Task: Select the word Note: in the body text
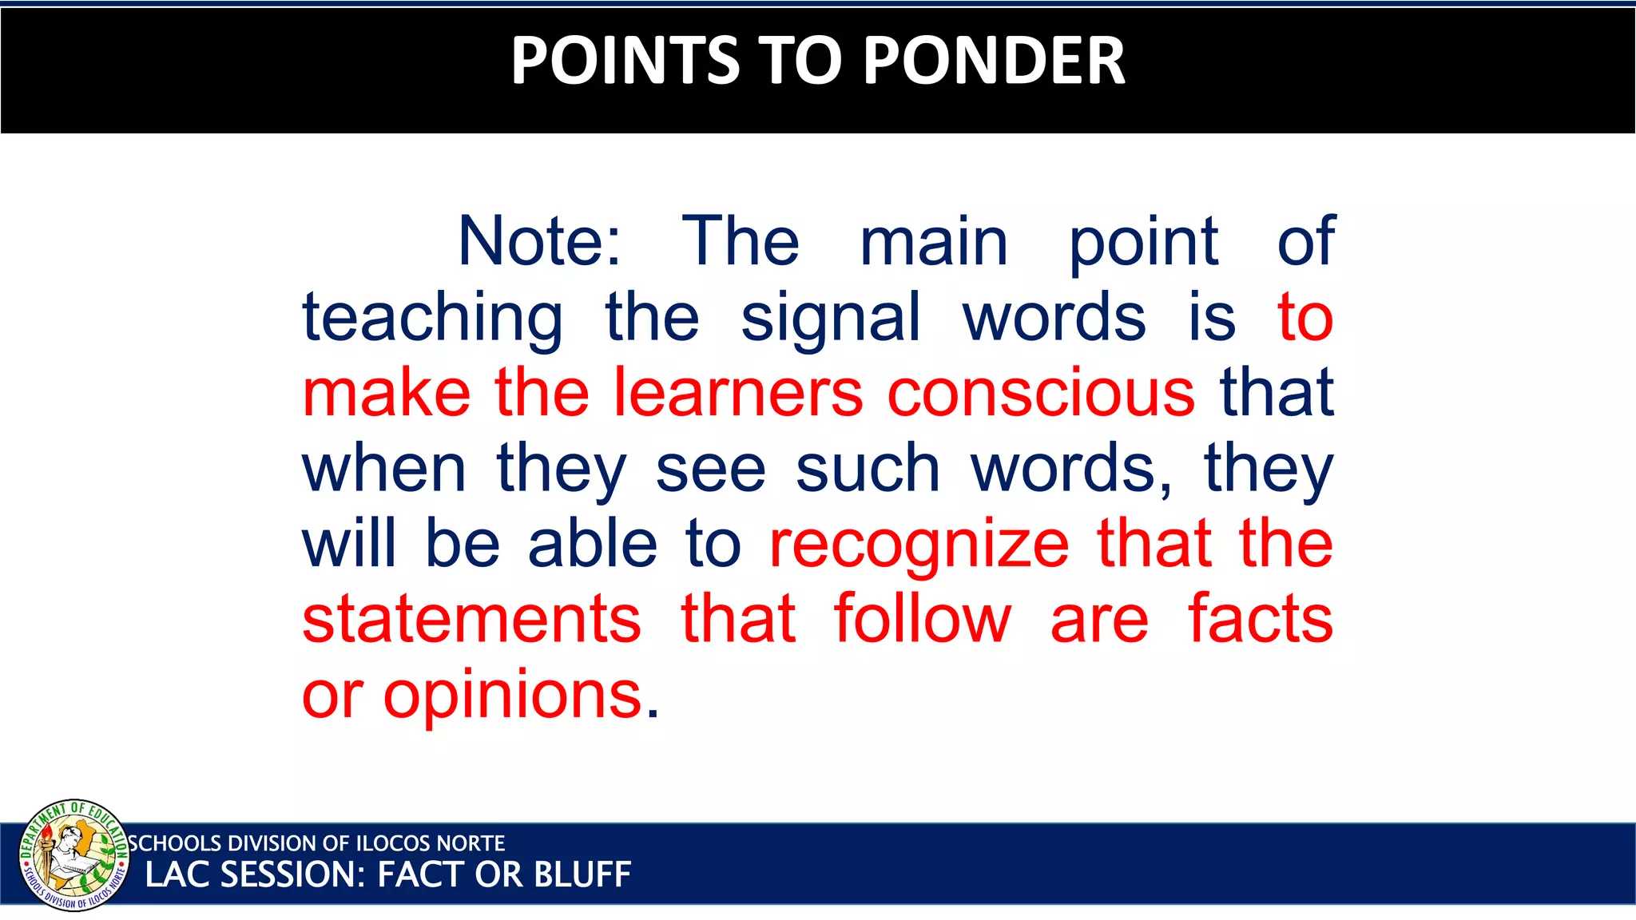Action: [539, 241]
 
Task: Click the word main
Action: [934, 241]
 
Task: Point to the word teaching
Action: [432, 318]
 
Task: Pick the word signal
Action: [831, 318]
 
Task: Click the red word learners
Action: [738, 393]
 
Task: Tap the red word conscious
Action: [1041, 393]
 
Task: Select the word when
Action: [384, 469]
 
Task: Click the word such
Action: [868, 469]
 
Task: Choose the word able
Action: [593, 544]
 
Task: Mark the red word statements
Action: [471, 620]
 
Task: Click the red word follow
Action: [923, 620]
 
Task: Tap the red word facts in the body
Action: [1261, 620]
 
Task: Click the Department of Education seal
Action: [73, 855]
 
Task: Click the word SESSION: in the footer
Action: [292, 875]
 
